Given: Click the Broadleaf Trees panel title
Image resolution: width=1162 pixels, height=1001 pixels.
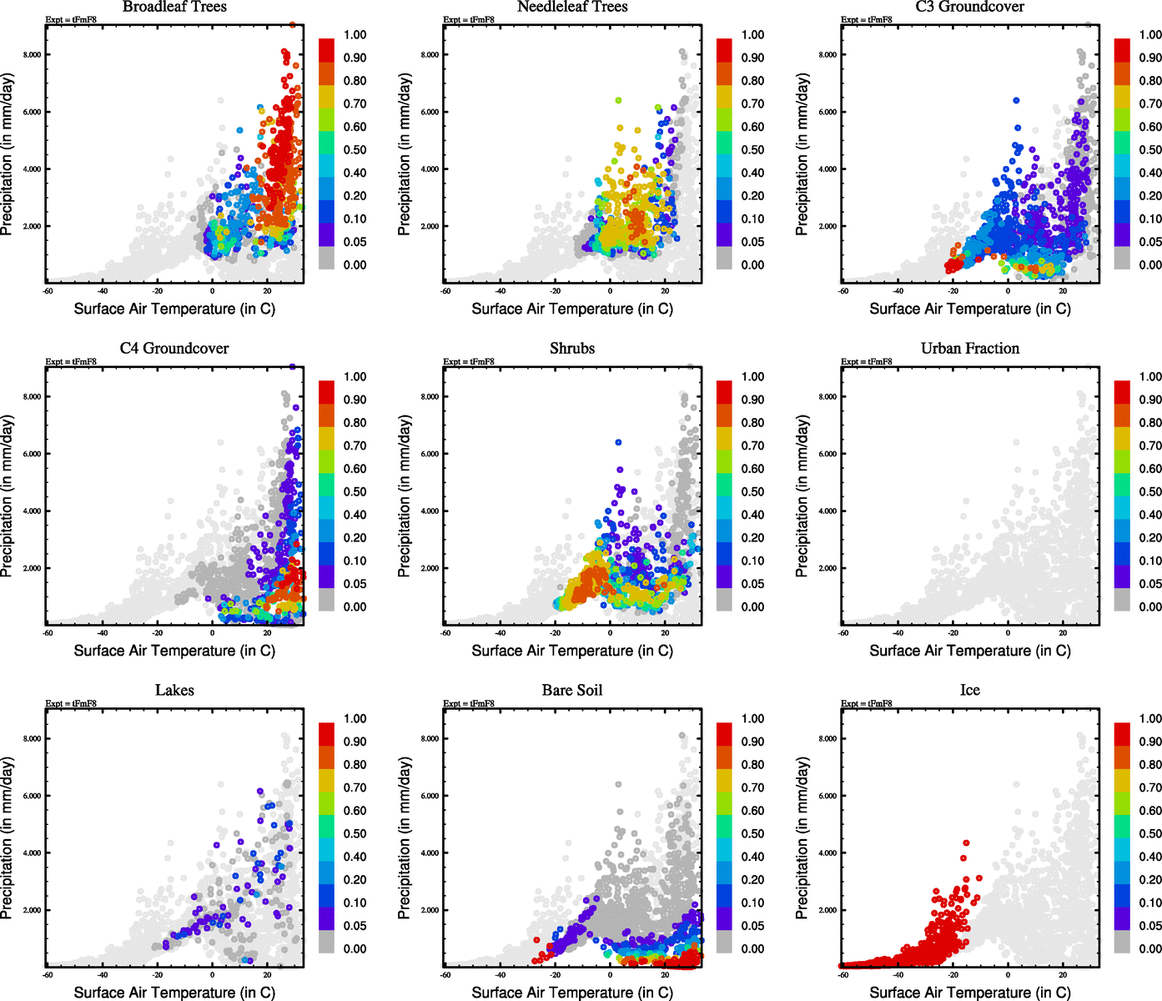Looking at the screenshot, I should [x=174, y=7].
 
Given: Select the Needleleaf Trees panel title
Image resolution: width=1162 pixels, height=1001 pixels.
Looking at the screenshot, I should [x=572, y=7].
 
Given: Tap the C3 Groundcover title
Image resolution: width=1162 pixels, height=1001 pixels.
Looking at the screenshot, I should [x=970, y=7].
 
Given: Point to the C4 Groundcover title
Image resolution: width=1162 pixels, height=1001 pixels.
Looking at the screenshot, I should [x=174, y=349].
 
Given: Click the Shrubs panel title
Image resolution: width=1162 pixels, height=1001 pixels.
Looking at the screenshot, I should [x=572, y=349].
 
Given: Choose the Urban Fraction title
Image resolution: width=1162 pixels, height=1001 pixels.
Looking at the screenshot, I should [x=970, y=349].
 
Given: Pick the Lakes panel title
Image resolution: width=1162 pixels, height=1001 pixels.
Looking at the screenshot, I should [x=174, y=691].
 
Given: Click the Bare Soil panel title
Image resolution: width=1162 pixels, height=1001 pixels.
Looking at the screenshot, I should [x=572, y=691].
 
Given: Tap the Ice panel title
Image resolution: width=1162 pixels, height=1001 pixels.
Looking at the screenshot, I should [x=970, y=691].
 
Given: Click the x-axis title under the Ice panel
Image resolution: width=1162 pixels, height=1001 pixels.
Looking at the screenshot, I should [x=970, y=993].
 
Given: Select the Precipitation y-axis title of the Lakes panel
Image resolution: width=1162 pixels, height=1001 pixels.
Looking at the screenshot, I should [x=8, y=838].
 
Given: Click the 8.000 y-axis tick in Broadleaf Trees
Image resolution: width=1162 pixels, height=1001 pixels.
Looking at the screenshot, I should [x=33, y=55].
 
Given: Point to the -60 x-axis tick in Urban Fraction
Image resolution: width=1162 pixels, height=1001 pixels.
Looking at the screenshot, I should [x=843, y=633].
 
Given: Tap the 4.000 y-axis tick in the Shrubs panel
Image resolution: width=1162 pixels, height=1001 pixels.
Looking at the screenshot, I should [x=430, y=511].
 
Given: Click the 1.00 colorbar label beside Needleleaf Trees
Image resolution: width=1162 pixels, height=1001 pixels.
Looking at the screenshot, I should [x=752, y=35].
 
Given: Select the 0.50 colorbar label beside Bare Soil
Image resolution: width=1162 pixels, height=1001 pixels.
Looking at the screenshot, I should [x=752, y=833].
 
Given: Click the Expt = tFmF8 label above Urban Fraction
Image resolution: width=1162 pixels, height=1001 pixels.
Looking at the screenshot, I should [x=867, y=362].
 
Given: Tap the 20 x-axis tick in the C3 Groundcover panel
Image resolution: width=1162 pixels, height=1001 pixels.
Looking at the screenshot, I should [x=1063, y=291].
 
